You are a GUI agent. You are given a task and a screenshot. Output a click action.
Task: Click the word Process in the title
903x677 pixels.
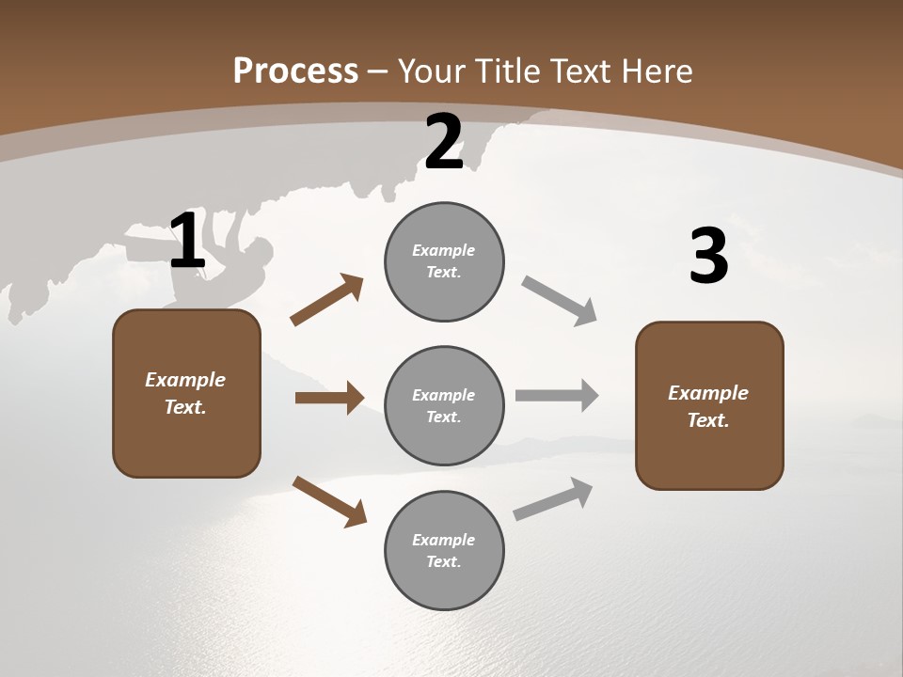(x=295, y=71)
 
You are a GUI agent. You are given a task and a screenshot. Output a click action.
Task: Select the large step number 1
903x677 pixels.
(x=187, y=242)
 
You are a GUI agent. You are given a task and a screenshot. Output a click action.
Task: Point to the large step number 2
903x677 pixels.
(x=444, y=143)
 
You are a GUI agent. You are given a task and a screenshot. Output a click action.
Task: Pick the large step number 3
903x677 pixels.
(x=708, y=257)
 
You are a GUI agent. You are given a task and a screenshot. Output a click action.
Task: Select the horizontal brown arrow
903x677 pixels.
(x=329, y=398)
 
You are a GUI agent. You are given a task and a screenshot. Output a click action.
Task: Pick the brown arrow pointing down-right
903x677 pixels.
(x=329, y=500)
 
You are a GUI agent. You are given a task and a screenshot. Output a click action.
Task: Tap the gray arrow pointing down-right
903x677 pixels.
(x=559, y=301)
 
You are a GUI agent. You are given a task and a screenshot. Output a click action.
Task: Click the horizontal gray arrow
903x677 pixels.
(x=557, y=396)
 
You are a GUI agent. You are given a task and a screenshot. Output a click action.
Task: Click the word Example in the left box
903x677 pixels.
(x=185, y=380)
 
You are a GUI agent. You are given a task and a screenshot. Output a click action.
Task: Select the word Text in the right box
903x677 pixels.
(x=707, y=420)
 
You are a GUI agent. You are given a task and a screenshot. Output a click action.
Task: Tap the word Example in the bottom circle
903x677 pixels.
(x=444, y=540)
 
